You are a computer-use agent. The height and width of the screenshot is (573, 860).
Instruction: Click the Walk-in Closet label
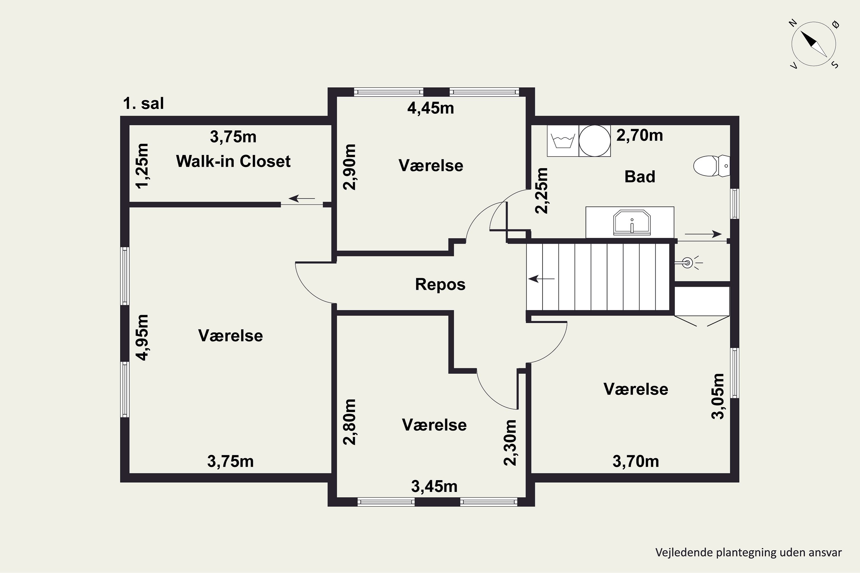tap(233, 161)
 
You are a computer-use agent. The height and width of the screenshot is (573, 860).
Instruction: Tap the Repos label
tap(440, 284)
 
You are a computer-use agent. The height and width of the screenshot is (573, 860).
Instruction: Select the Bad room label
tap(640, 176)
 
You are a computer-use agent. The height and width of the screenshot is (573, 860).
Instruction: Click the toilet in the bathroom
tap(712, 166)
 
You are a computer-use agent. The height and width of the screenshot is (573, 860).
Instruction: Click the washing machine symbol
tap(563, 141)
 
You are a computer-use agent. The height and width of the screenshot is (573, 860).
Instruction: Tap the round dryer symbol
tap(595, 141)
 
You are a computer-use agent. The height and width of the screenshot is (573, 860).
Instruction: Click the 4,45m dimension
tap(431, 108)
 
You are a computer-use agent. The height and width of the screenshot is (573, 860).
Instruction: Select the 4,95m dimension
tap(142, 337)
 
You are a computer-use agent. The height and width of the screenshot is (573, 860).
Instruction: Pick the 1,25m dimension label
tap(142, 166)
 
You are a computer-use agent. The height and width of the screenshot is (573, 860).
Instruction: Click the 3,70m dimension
tap(636, 461)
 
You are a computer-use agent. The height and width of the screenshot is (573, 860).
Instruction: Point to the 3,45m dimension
tap(434, 486)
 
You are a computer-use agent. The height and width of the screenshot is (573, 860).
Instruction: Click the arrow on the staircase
tap(542, 279)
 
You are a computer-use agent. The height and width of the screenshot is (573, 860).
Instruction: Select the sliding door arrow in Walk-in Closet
tap(302, 199)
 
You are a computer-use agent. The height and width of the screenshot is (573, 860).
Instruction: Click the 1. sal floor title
tap(143, 103)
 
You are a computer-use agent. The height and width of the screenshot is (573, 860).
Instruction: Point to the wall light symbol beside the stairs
tap(687, 262)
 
